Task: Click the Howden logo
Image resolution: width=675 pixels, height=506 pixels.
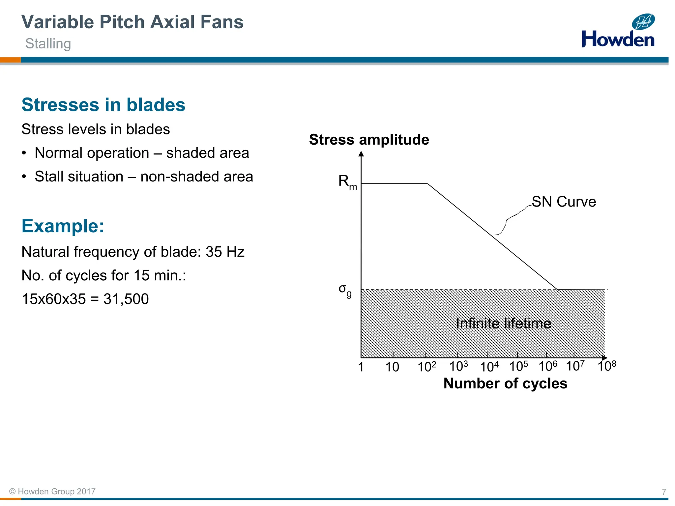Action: click(618, 31)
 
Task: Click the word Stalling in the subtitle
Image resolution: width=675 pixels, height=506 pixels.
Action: click(48, 44)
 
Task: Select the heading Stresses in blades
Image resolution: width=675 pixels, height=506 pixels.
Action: click(103, 105)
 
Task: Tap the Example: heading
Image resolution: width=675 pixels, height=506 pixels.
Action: click(63, 226)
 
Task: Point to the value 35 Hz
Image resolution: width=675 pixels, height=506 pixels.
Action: click(225, 252)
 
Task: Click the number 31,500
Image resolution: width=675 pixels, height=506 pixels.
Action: click(126, 299)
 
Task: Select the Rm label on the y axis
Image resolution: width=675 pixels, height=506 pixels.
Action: click(347, 182)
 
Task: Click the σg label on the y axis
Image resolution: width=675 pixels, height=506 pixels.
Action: click(345, 290)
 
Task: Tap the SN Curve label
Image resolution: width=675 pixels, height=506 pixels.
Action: click(564, 202)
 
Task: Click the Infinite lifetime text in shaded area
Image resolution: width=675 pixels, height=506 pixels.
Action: click(503, 323)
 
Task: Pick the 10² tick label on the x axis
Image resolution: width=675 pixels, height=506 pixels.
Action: click(426, 366)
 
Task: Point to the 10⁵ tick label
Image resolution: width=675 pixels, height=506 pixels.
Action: click(518, 366)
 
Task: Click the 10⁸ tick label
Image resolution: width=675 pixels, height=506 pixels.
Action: click(606, 366)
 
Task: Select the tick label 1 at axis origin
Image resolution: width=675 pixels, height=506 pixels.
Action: click(361, 367)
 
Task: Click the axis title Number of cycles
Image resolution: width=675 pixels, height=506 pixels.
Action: click(505, 383)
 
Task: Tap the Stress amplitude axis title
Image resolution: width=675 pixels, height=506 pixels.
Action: click(369, 140)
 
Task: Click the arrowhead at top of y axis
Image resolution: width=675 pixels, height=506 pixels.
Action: click(361, 154)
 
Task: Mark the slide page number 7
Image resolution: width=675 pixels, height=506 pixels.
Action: click(664, 492)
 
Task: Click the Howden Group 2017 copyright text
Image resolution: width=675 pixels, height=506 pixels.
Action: click(53, 492)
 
